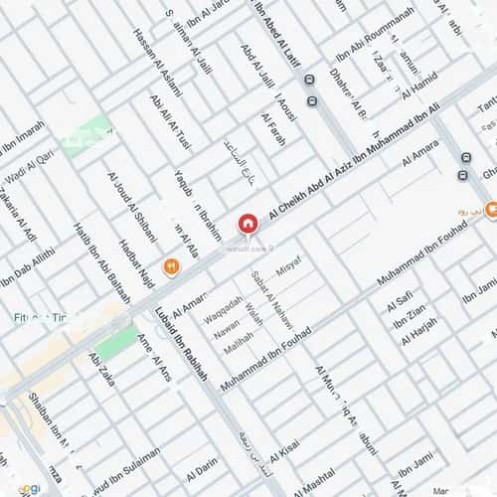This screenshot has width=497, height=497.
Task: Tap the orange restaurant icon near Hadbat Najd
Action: tap(171, 265)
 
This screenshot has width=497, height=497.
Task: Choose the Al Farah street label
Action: tap(273, 129)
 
